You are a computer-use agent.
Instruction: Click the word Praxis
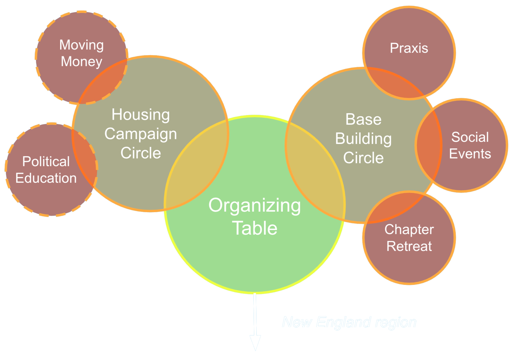409,48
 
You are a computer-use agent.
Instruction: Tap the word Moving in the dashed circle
81,45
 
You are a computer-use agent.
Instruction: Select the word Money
81,62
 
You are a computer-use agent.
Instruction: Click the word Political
46,162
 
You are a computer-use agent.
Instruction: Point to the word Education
46,178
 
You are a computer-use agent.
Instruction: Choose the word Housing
141,115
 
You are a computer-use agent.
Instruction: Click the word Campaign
141,134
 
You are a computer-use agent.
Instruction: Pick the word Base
363,119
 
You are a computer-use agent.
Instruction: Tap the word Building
363,139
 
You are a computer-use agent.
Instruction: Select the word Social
470,137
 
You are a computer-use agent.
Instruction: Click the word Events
470,154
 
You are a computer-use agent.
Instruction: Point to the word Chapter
409,229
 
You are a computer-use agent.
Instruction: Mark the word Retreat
409,246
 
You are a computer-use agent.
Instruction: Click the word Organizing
255,206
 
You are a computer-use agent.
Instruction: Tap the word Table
255,228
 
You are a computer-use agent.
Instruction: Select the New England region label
349,323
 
